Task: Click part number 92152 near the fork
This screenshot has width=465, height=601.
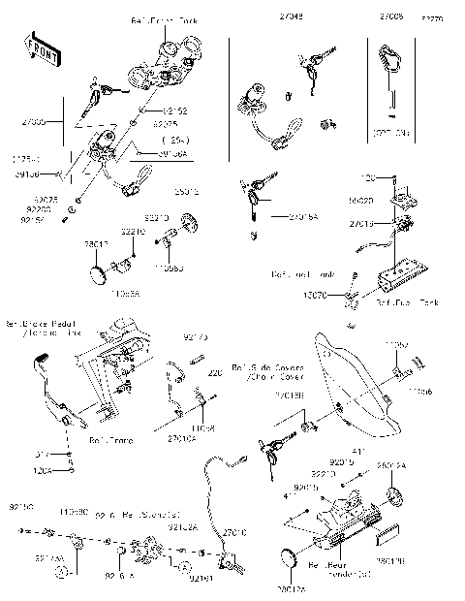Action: point(174,111)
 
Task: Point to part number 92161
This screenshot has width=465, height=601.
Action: point(200,578)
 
